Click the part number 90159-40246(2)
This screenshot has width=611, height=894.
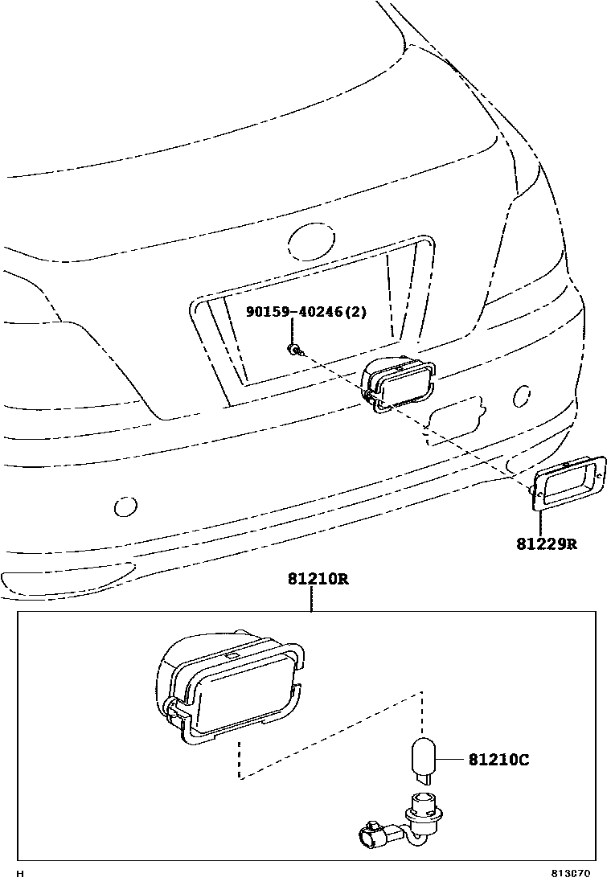tap(306, 312)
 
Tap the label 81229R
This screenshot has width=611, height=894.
tap(547, 544)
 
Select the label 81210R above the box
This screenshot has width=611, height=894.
tap(318, 580)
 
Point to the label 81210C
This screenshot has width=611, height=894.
tap(498, 759)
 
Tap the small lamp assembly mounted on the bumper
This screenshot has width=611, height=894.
tap(397, 384)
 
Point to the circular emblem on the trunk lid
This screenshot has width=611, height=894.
tap(310, 240)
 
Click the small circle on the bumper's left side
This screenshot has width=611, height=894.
tap(125, 507)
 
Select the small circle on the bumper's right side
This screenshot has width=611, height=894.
tap(522, 395)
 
